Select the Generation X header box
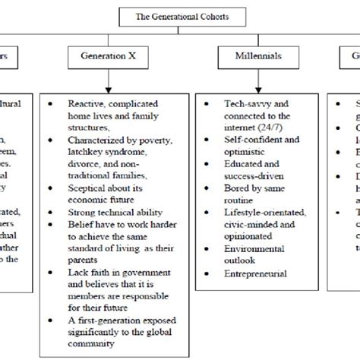[x=109, y=57]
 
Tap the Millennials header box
[x=250, y=57]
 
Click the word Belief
[x=81, y=226]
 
